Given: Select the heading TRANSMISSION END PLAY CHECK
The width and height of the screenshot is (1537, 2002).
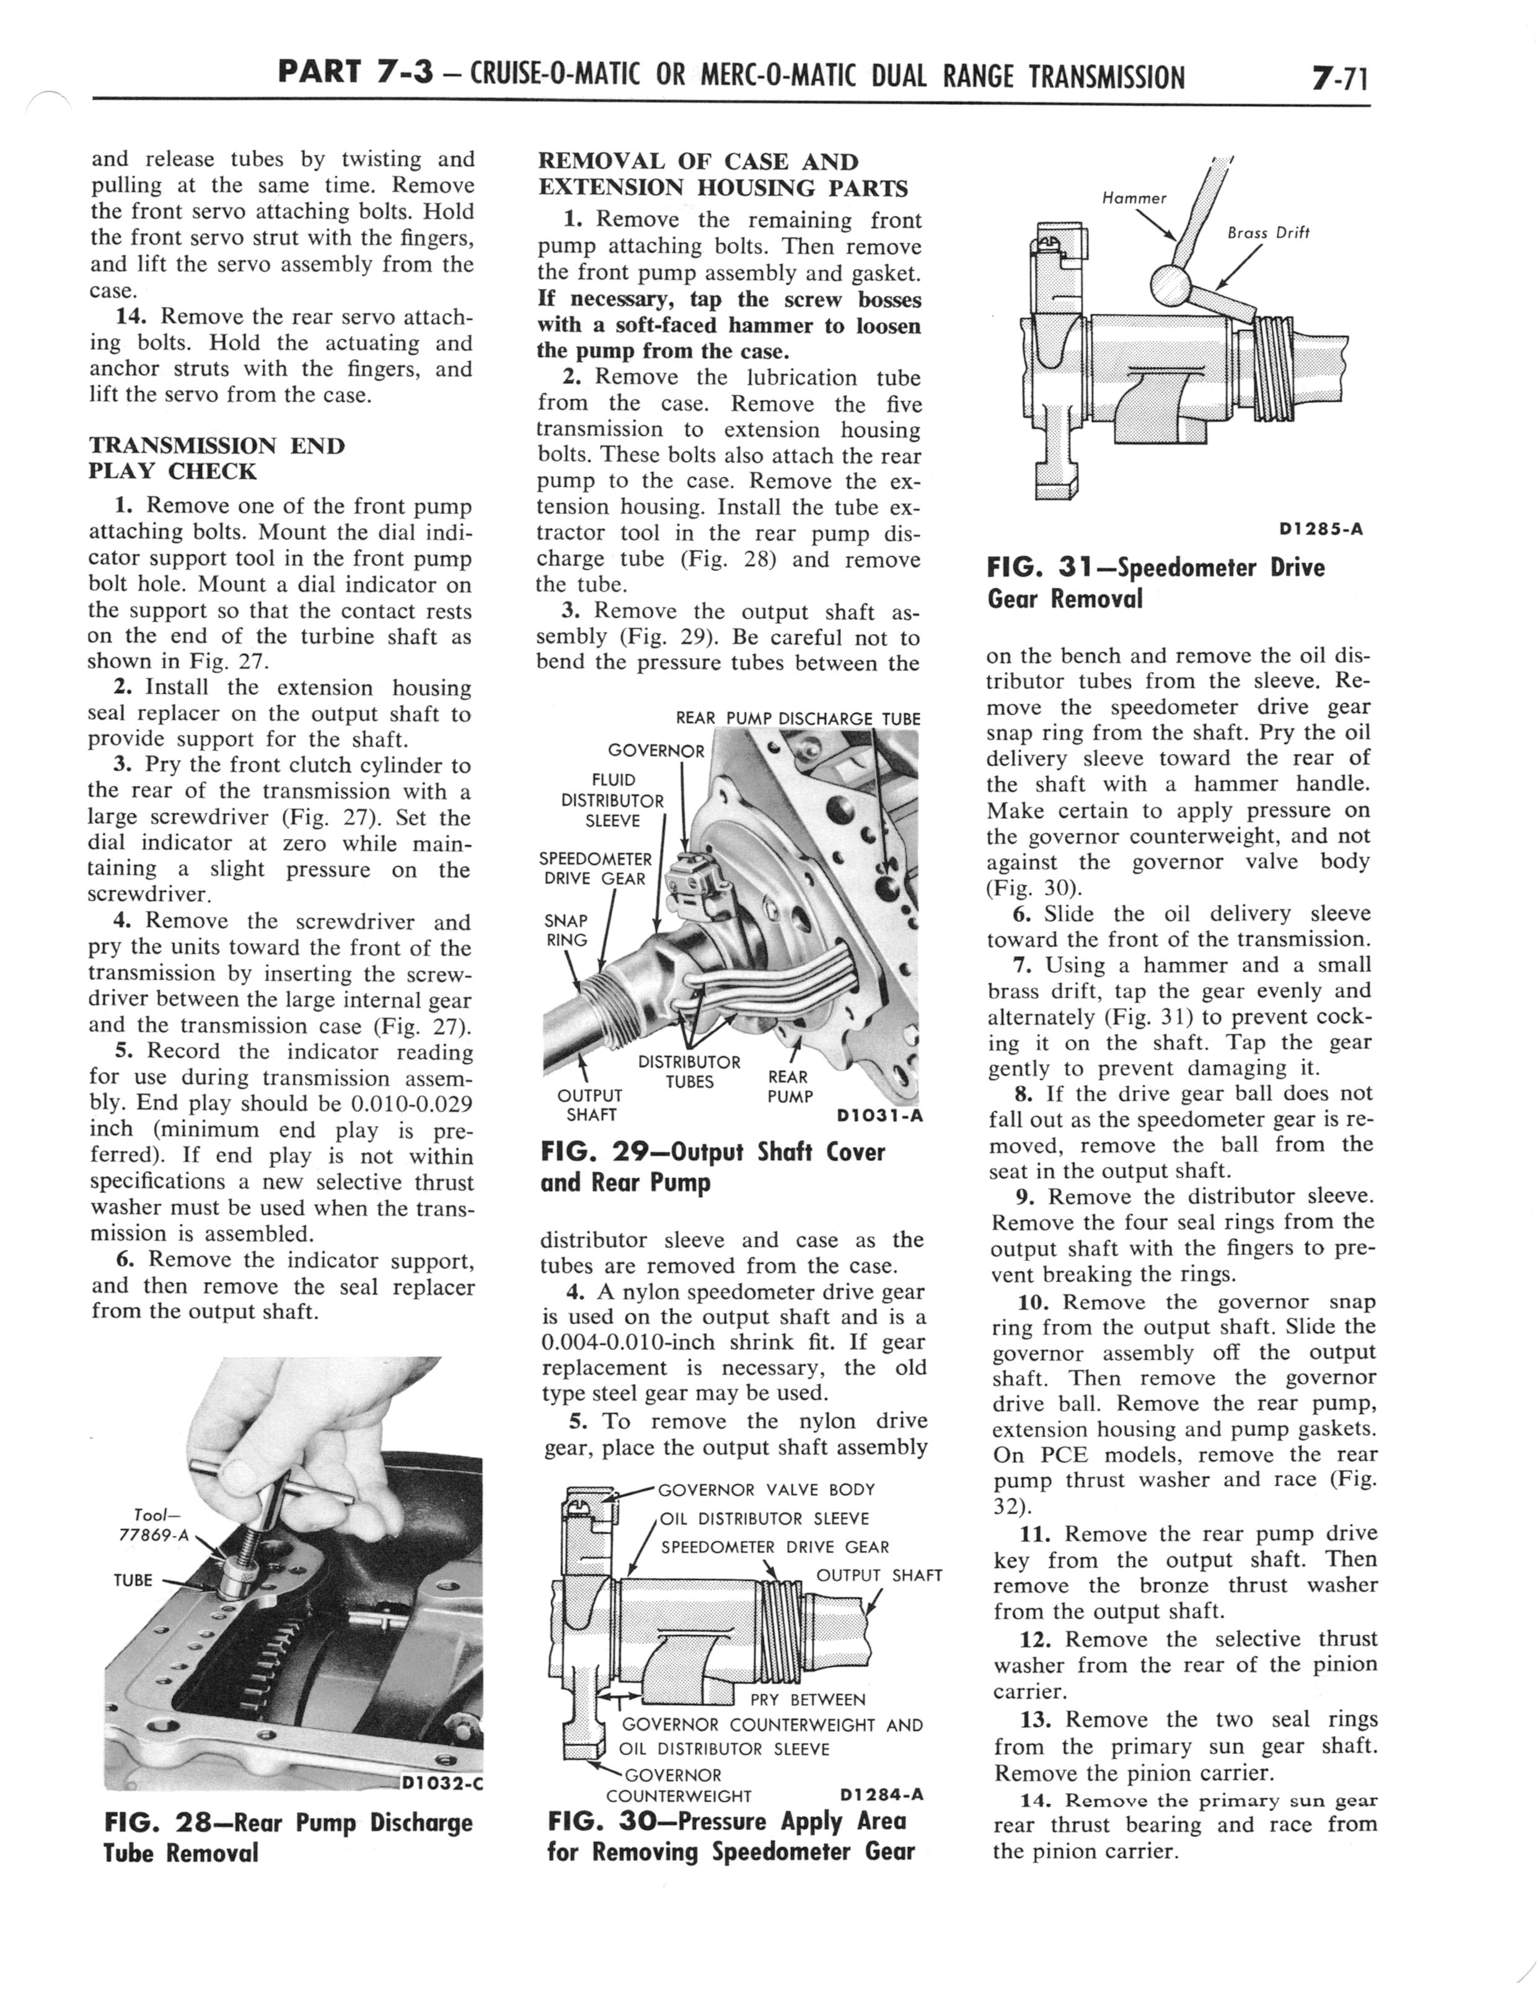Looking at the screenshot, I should click(x=217, y=458).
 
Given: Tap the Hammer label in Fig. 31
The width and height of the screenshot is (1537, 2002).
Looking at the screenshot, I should click(x=1134, y=198).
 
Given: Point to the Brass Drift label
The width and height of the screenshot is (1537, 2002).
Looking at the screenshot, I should click(x=1268, y=233).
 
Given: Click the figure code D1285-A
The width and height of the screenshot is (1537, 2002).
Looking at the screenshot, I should click(x=1320, y=529).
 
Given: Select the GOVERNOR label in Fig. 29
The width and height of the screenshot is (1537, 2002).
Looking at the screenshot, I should click(x=656, y=751).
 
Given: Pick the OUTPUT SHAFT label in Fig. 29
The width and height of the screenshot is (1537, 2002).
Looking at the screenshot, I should click(x=590, y=1104).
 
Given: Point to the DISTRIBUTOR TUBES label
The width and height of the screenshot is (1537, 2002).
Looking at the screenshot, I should click(x=689, y=1071).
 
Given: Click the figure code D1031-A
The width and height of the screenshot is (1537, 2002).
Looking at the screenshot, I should click(x=879, y=1115).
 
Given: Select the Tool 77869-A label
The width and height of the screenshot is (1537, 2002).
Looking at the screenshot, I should click(x=153, y=1525).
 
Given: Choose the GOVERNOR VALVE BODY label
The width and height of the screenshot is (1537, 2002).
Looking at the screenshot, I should click(x=766, y=1489).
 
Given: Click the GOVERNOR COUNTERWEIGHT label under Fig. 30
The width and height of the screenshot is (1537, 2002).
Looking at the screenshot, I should click(x=678, y=1785).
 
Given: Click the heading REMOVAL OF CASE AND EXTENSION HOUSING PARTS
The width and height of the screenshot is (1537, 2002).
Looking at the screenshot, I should click(x=723, y=175).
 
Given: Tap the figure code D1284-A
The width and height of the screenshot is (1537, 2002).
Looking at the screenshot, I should click(x=879, y=1794).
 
